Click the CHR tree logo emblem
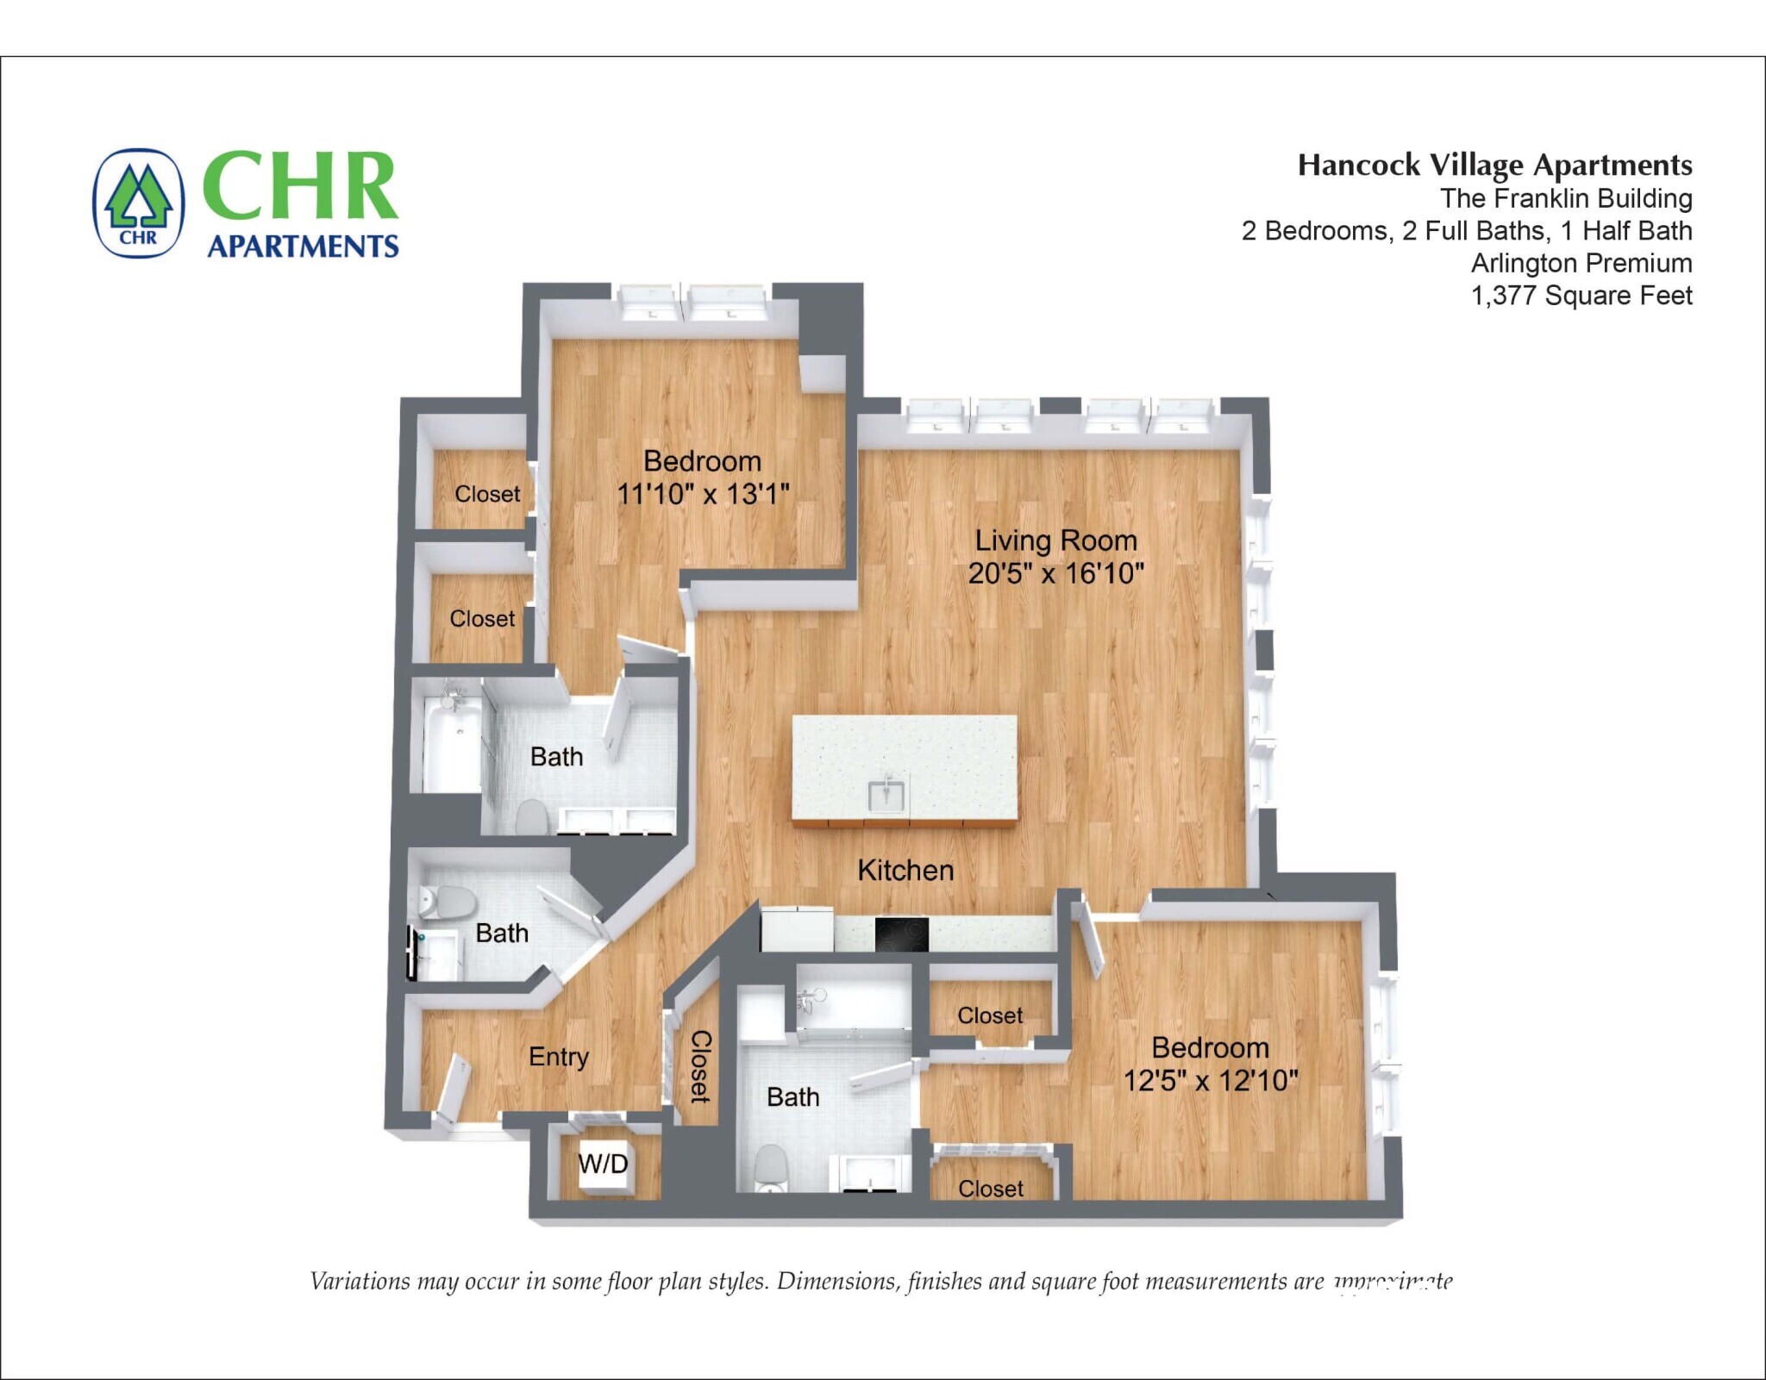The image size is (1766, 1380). pos(138,203)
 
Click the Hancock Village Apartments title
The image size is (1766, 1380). pos(1494,165)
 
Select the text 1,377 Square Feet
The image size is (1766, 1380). pos(1581,296)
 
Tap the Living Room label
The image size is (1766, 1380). pos(1055,540)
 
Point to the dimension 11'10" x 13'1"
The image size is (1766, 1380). pos(703,494)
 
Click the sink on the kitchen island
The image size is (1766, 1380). pos(886,794)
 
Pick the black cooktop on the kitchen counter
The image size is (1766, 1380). pos(901,934)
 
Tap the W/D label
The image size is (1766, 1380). pos(603,1164)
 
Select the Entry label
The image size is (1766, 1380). pos(558,1057)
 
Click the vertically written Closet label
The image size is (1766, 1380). pos(700,1066)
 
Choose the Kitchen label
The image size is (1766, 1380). pos(905,870)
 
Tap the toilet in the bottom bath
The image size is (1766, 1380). pos(770,1167)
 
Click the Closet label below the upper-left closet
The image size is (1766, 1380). pos(482,619)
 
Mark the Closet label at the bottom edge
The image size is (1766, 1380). pos(991,1189)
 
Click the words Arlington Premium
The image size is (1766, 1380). pos(1581,263)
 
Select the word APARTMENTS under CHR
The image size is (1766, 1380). pos(303,247)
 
